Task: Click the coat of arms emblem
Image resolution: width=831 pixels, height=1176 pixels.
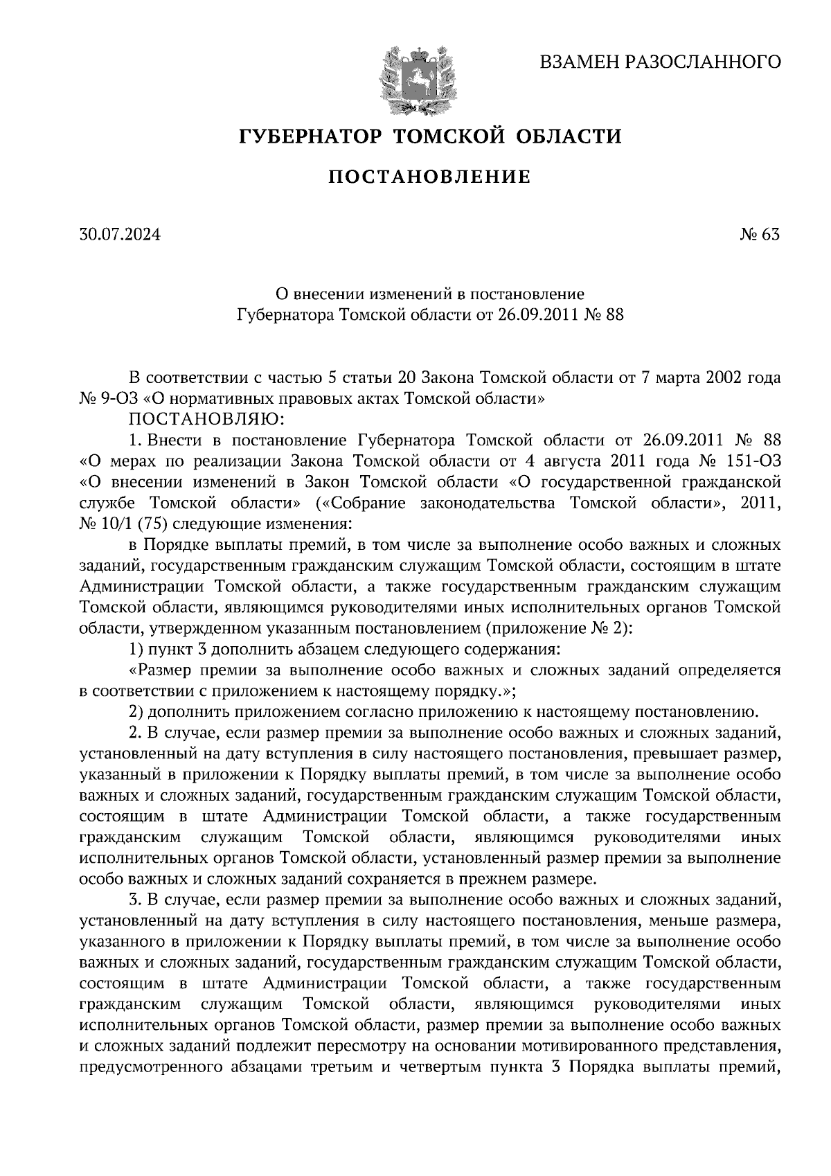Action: (416, 80)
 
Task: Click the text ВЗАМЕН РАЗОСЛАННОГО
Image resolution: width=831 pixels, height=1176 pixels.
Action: (660, 62)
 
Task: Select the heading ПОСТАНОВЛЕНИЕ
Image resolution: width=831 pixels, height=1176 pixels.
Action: (429, 177)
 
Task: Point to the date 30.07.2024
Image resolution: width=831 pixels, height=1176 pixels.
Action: (119, 235)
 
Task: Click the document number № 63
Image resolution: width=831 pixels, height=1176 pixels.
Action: (760, 235)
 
